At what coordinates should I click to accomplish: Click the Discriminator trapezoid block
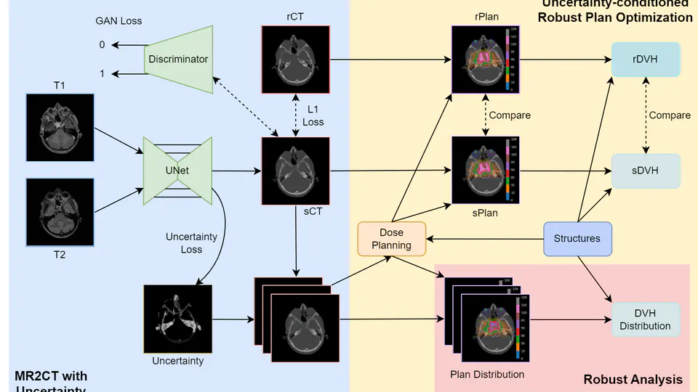[179, 60]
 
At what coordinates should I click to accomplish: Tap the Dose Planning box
[391, 239]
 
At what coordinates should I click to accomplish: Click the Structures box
[577, 238]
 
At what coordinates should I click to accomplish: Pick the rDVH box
[646, 60]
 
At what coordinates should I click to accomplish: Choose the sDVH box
[646, 171]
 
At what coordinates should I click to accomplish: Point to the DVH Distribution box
[645, 319]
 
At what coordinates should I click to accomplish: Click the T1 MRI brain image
[60, 127]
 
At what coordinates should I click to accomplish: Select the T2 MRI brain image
[60, 212]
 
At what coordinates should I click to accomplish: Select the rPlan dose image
[485, 60]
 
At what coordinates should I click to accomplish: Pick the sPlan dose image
[485, 171]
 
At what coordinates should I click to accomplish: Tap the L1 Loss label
[313, 115]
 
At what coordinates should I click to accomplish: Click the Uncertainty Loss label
[191, 242]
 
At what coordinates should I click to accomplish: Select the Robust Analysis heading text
[633, 379]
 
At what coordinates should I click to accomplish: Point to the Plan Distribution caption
[488, 375]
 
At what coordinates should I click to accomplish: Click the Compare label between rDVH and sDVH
[670, 115]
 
